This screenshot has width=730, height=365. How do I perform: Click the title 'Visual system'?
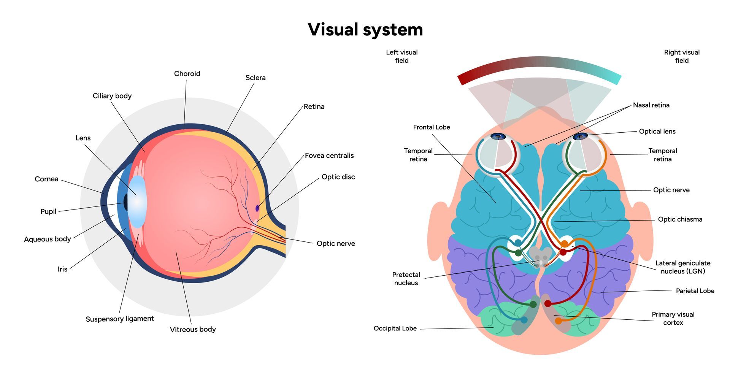click(x=365, y=30)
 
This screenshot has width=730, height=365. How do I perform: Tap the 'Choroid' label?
click(x=187, y=74)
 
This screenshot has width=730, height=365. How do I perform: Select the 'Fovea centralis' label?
click(x=329, y=156)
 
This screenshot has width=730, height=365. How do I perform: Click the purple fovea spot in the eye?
click(x=257, y=208)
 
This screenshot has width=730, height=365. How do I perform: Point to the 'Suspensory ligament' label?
click(x=119, y=319)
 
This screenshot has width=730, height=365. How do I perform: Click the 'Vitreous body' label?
click(x=193, y=329)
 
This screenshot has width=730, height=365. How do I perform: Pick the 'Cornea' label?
click(x=46, y=179)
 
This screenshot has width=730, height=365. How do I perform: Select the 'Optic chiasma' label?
click(x=680, y=219)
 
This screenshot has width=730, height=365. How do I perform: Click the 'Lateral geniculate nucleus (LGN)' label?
click(x=682, y=267)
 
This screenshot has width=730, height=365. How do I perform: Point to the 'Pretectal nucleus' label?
click(x=406, y=279)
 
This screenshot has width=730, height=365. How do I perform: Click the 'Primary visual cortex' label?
click(x=673, y=318)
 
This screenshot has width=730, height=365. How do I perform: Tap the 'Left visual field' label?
click(x=401, y=56)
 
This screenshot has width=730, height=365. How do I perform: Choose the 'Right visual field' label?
click(x=681, y=56)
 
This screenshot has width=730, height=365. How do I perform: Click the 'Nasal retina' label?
click(x=651, y=105)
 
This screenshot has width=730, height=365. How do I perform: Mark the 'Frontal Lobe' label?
click(x=431, y=127)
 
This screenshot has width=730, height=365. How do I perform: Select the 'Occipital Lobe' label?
click(x=395, y=328)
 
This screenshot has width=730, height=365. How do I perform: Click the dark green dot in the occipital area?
click(x=533, y=304)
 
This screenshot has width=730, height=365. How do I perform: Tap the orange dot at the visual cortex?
click(x=558, y=321)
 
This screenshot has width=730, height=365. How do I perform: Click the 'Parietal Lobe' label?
click(x=695, y=291)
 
